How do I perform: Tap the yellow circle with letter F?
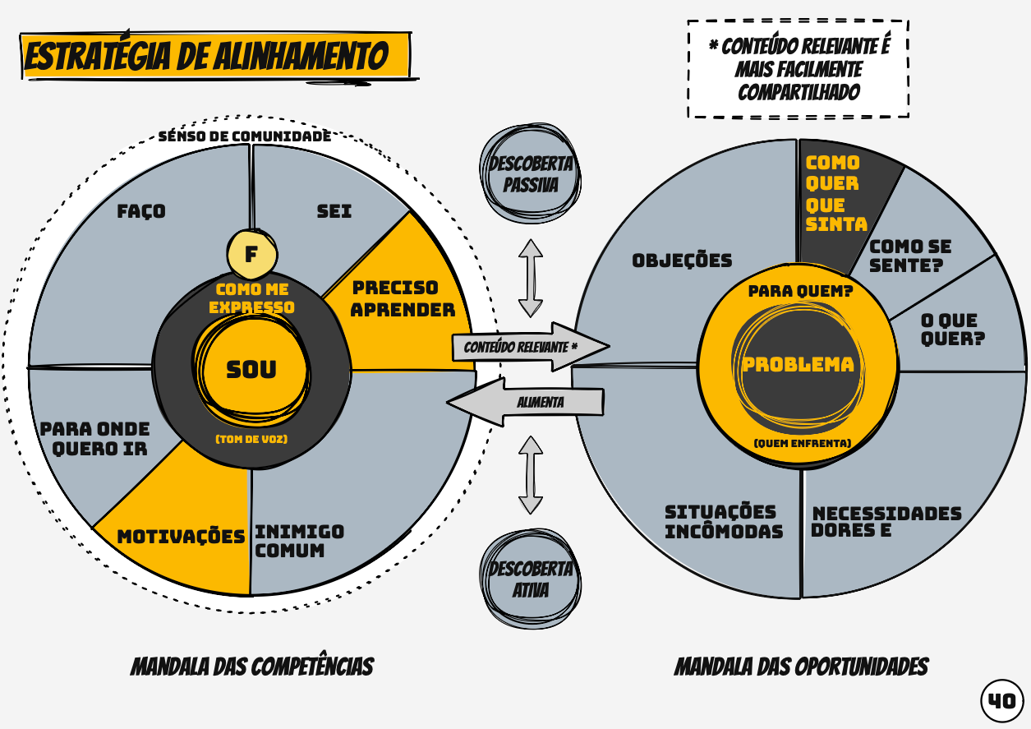(x=251, y=254)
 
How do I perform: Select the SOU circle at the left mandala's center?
(x=251, y=370)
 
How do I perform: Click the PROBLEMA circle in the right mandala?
(x=798, y=365)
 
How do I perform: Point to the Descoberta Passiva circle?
(x=531, y=173)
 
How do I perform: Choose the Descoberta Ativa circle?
(x=531, y=579)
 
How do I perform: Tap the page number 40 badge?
(x=1001, y=701)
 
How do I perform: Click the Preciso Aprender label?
(x=403, y=299)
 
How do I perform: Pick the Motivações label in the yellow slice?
(x=181, y=537)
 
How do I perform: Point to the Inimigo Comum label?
(x=299, y=541)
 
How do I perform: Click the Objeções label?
(x=682, y=261)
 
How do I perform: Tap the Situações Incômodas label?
(x=723, y=522)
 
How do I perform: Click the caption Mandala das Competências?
(x=251, y=667)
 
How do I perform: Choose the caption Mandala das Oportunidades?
(x=801, y=667)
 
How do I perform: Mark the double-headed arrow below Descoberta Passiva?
(x=531, y=278)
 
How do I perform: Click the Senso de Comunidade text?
(x=245, y=136)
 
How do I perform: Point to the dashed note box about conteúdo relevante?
(x=798, y=69)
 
